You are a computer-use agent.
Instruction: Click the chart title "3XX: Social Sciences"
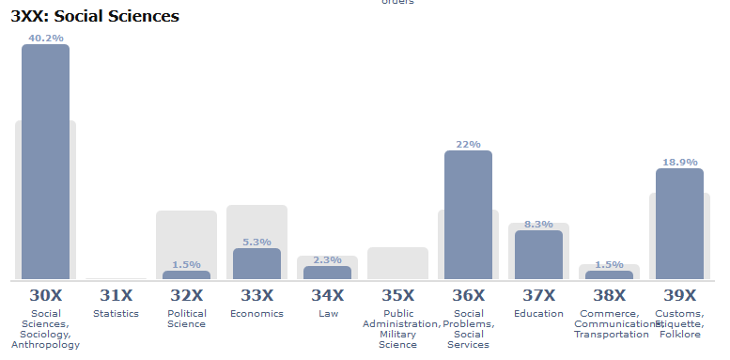click(95, 16)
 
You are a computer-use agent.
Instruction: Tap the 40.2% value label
click(45, 38)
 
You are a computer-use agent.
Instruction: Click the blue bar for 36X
click(468, 214)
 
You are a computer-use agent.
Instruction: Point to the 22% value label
click(468, 144)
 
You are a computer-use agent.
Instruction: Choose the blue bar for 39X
click(679, 224)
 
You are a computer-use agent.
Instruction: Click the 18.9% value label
click(679, 162)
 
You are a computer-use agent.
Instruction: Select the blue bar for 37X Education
click(538, 254)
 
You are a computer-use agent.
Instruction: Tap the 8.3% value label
click(538, 224)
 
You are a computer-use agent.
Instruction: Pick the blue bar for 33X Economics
click(256, 263)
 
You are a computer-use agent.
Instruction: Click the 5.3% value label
click(256, 242)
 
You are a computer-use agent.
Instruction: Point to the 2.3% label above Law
click(327, 259)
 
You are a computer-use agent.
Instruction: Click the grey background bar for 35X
click(397, 263)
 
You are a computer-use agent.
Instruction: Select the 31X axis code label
click(116, 294)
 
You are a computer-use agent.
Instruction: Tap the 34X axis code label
click(327, 294)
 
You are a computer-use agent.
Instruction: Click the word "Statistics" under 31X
click(116, 313)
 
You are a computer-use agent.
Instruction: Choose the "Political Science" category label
click(186, 319)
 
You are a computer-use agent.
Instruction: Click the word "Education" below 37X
click(538, 313)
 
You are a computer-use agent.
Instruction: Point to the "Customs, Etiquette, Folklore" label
click(679, 323)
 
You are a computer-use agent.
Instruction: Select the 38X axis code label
click(609, 294)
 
